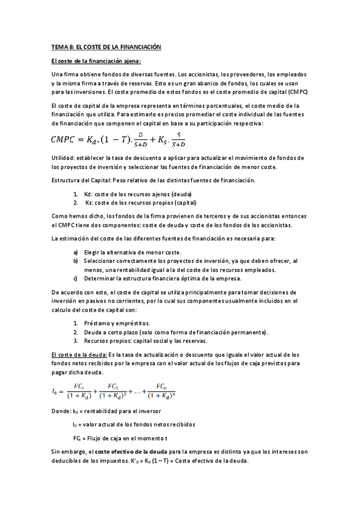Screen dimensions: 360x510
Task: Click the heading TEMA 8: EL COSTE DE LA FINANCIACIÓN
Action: point(106,46)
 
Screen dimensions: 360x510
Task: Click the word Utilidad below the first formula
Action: point(63,158)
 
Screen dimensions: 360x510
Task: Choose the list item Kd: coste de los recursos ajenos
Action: point(132,194)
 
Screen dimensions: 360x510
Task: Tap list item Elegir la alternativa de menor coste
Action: point(132,253)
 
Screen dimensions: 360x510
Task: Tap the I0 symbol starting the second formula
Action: point(56,392)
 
